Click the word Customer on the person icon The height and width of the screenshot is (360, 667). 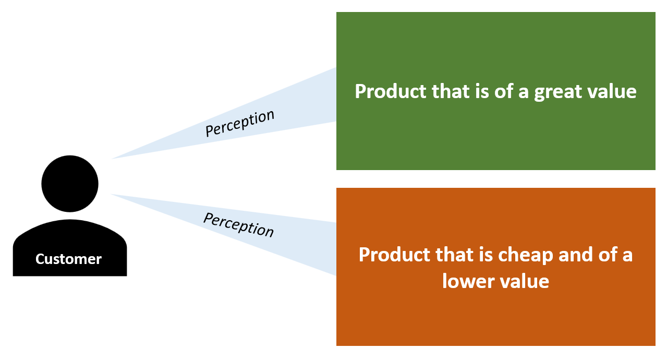pyautogui.click(x=68, y=259)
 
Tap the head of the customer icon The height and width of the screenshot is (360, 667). pyautogui.click(x=70, y=184)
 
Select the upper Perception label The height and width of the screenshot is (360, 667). pyautogui.click(x=239, y=124)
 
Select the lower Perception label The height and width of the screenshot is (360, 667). pyautogui.click(x=238, y=224)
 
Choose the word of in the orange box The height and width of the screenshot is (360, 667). pyautogui.click(x=610, y=255)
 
